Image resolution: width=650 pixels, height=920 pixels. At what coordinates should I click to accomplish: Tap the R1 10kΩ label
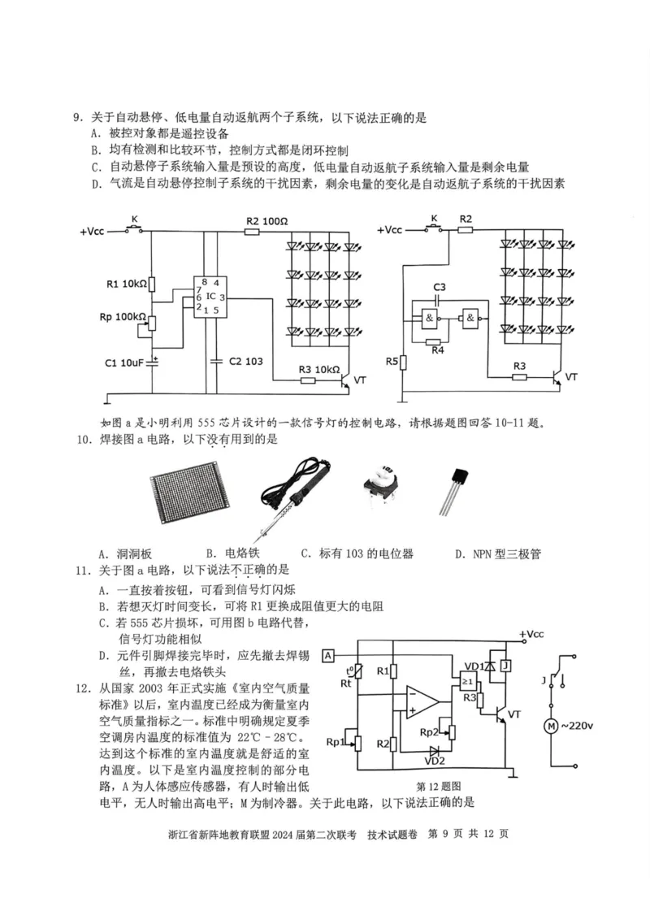click(127, 284)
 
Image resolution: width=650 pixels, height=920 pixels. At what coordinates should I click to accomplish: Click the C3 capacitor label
click(440, 288)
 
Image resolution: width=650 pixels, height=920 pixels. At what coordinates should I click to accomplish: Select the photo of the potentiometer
click(380, 496)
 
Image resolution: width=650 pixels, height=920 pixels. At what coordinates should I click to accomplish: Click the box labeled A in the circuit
click(328, 655)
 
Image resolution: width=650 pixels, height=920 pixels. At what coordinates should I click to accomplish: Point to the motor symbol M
click(552, 725)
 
